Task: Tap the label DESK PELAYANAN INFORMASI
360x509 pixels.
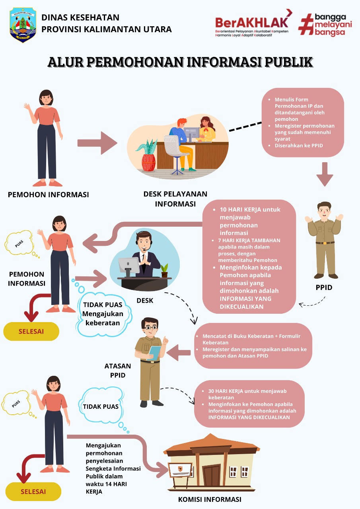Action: click(x=175, y=199)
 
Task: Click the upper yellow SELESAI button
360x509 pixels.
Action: click(x=31, y=331)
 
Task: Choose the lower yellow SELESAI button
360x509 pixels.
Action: click(x=33, y=492)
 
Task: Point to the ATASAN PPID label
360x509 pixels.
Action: click(x=117, y=370)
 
